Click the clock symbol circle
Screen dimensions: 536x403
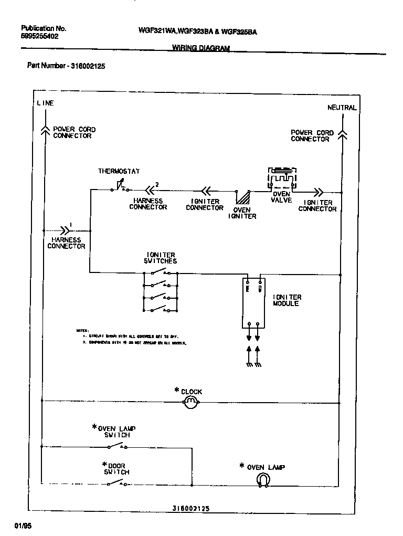coord(190,403)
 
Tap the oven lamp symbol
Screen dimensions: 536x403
coord(262,479)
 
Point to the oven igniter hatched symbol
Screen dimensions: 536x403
coord(243,197)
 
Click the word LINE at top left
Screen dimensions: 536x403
coord(45,103)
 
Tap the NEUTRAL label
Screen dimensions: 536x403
coord(342,108)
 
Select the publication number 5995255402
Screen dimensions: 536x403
coord(40,37)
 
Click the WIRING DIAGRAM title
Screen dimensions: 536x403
coord(201,48)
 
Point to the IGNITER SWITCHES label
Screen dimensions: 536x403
coord(160,258)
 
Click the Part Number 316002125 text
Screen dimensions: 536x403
coord(66,66)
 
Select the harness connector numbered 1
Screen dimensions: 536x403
coord(65,229)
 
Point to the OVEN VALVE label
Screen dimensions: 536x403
coord(281,197)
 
